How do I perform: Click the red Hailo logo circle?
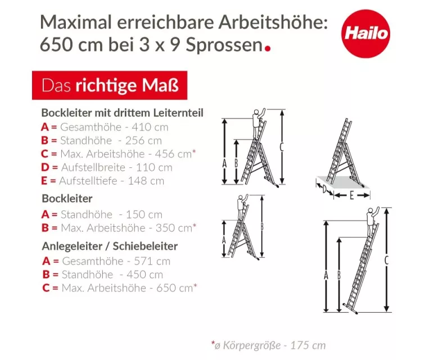365,34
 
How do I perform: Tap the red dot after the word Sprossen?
268,48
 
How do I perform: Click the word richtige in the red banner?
106,85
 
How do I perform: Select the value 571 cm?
152,261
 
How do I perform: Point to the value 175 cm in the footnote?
308,345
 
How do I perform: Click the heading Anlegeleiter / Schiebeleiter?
110,246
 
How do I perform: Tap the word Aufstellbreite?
93,167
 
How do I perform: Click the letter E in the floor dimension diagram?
351,195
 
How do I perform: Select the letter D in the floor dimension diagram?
325,189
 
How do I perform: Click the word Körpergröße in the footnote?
252,345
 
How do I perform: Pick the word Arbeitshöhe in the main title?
273,22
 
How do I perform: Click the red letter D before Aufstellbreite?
45,167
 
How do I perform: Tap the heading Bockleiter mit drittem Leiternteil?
122,113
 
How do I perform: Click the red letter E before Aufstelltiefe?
44,181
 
